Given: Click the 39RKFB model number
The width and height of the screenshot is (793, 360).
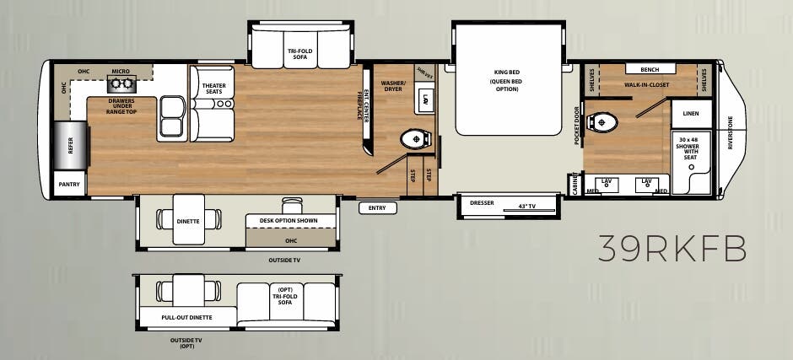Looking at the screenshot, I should click(x=672, y=249).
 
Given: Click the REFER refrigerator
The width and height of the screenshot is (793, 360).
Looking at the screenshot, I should click(x=68, y=145).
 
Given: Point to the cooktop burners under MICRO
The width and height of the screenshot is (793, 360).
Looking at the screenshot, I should click(x=118, y=85).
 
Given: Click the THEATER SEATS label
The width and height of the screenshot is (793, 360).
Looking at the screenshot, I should click(x=213, y=88).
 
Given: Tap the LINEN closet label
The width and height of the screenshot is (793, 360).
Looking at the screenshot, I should click(x=691, y=113).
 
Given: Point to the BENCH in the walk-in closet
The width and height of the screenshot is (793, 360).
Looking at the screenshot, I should click(x=650, y=70).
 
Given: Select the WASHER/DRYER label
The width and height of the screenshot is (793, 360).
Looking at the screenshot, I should click(x=393, y=86).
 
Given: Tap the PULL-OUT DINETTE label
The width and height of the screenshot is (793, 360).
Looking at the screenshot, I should click(x=186, y=318).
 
